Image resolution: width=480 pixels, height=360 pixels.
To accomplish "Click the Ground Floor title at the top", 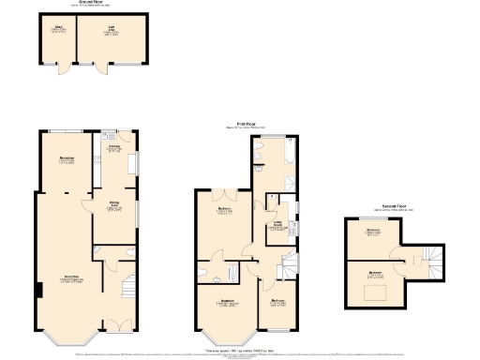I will tap(91, 4).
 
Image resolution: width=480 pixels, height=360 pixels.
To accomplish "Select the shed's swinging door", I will tap(61, 69).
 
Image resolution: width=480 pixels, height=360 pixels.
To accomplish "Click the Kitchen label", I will tap(115, 148).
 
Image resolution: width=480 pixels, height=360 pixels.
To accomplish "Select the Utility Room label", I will tap(278, 226).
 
